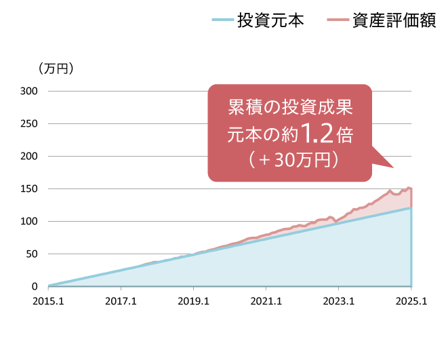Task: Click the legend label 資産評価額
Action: point(394,20)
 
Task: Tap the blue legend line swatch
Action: point(221,20)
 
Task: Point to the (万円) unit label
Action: point(56,68)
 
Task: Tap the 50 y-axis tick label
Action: point(32,254)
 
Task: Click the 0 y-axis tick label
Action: point(35,286)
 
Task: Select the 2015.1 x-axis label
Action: point(48,300)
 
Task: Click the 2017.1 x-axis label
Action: point(121,300)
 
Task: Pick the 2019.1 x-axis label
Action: point(193,300)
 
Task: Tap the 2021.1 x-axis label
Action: point(266,300)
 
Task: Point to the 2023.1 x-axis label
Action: point(338,300)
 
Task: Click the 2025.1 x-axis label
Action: point(411,300)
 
